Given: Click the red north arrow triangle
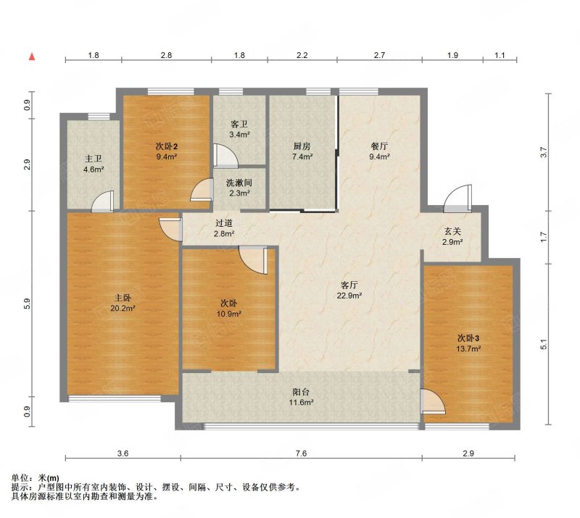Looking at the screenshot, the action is point(32,57).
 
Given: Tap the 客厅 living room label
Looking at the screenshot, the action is point(349,285).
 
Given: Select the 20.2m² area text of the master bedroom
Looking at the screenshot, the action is point(123,308).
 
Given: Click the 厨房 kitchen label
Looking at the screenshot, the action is point(302,146).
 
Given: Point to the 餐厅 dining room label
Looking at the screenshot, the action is point(379,146).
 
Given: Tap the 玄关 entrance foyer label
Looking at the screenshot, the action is point(452,232).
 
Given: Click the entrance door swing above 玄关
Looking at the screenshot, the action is point(458,199).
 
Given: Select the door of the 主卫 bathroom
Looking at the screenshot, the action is point(103,201).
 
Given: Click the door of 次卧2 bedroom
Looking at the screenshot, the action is point(202,190).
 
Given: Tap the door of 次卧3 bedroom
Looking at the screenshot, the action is point(433,401).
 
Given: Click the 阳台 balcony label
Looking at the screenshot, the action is point(301,392).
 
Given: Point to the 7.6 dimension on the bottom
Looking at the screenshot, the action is point(302,454).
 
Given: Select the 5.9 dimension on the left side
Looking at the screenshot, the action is point(27,304).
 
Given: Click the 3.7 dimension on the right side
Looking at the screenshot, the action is point(543,152).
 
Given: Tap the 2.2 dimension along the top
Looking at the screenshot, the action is point(302,56).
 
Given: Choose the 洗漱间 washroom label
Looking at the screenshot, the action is point(239,183).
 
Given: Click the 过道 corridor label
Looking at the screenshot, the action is point(224,223).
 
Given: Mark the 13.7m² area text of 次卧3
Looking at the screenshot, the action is point(468,348).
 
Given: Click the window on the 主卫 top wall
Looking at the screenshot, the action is point(99,117).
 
